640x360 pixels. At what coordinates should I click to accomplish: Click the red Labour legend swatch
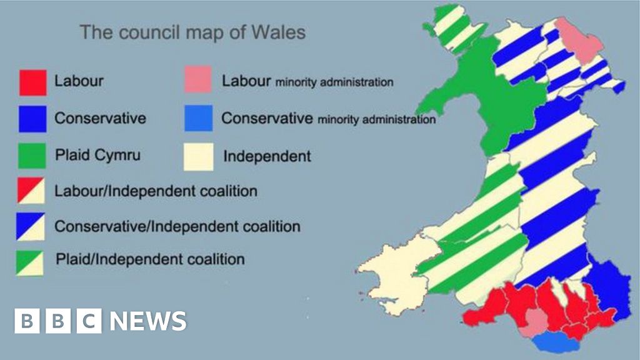(x=32, y=82)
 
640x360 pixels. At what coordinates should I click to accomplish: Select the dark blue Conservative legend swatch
(x=32, y=118)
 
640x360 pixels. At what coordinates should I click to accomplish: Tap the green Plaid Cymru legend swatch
(x=32, y=155)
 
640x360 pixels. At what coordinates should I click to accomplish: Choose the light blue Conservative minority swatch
(x=198, y=118)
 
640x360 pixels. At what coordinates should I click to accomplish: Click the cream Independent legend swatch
(x=198, y=156)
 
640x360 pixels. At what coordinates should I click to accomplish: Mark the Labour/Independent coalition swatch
(x=29, y=190)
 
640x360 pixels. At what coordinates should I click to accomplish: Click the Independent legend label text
(x=267, y=156)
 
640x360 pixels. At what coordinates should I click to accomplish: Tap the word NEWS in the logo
(x=149, y=321)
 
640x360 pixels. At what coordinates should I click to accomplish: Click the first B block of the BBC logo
(x=27, y=321)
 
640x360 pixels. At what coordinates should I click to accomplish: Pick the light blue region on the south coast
(x=550, y=341)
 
